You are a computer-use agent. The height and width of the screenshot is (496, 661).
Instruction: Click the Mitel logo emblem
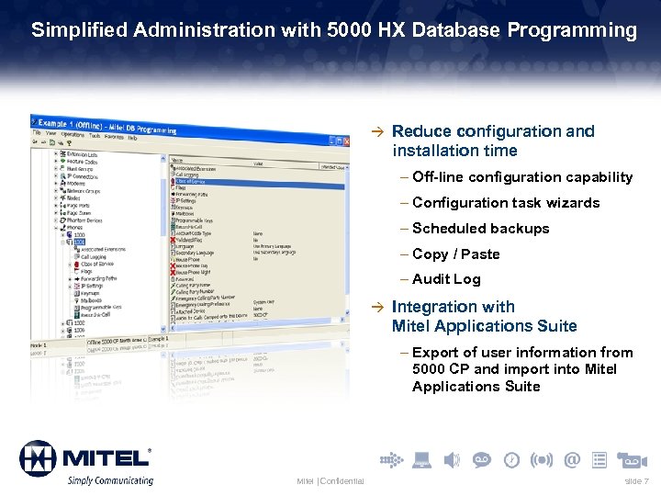click(39, 457)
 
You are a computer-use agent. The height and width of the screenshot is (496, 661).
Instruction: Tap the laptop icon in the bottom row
click(422, 459)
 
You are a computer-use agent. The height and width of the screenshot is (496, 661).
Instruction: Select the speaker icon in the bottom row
click(452, 459)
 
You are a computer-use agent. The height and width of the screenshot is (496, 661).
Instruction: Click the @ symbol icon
click(572, 459)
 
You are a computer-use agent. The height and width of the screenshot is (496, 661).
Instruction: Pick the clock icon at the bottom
click(511, 459)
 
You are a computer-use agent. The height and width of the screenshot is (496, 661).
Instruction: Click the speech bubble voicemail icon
click(481, 459)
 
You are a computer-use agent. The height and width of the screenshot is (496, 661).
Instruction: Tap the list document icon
click(599, 459)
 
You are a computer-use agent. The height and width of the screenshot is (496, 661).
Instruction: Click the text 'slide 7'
click(636, 481)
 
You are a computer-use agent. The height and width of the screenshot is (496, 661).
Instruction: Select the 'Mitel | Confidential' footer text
click(330, 481)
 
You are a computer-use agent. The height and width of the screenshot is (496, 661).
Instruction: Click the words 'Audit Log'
click(446, 279)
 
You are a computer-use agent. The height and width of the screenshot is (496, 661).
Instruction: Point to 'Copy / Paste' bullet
click(456, 254)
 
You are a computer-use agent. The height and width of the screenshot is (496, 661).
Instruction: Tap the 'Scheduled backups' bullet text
click(481, 228)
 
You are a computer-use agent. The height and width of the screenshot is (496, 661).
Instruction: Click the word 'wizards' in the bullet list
click(574, 202)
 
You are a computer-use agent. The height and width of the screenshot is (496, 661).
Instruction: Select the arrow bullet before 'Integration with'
click(374, 307)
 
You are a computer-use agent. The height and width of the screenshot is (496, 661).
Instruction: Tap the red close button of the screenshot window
click(344, 141)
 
